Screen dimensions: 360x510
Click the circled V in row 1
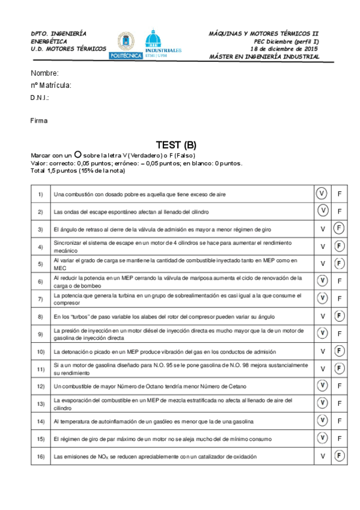point(323,194)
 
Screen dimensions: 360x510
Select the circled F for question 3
point(340,229)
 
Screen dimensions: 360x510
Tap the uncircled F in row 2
point(340,211)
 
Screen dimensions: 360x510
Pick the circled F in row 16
point(340,456)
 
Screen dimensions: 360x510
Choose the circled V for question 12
point(323,386)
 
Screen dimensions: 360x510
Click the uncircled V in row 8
point(323,316)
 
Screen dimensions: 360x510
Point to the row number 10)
point(40,351)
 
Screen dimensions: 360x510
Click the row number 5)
point(40,263)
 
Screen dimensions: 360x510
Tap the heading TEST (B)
point(175,145)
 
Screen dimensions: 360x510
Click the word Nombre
point(44,73)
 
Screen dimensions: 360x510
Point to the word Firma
point(39,120)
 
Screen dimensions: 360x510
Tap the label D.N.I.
point(40,97)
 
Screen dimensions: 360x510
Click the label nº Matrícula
point(51,85)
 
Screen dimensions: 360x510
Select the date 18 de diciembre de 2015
point(284,49)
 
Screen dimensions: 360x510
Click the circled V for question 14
point(323,421)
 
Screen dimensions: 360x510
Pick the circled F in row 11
point(340,368)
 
